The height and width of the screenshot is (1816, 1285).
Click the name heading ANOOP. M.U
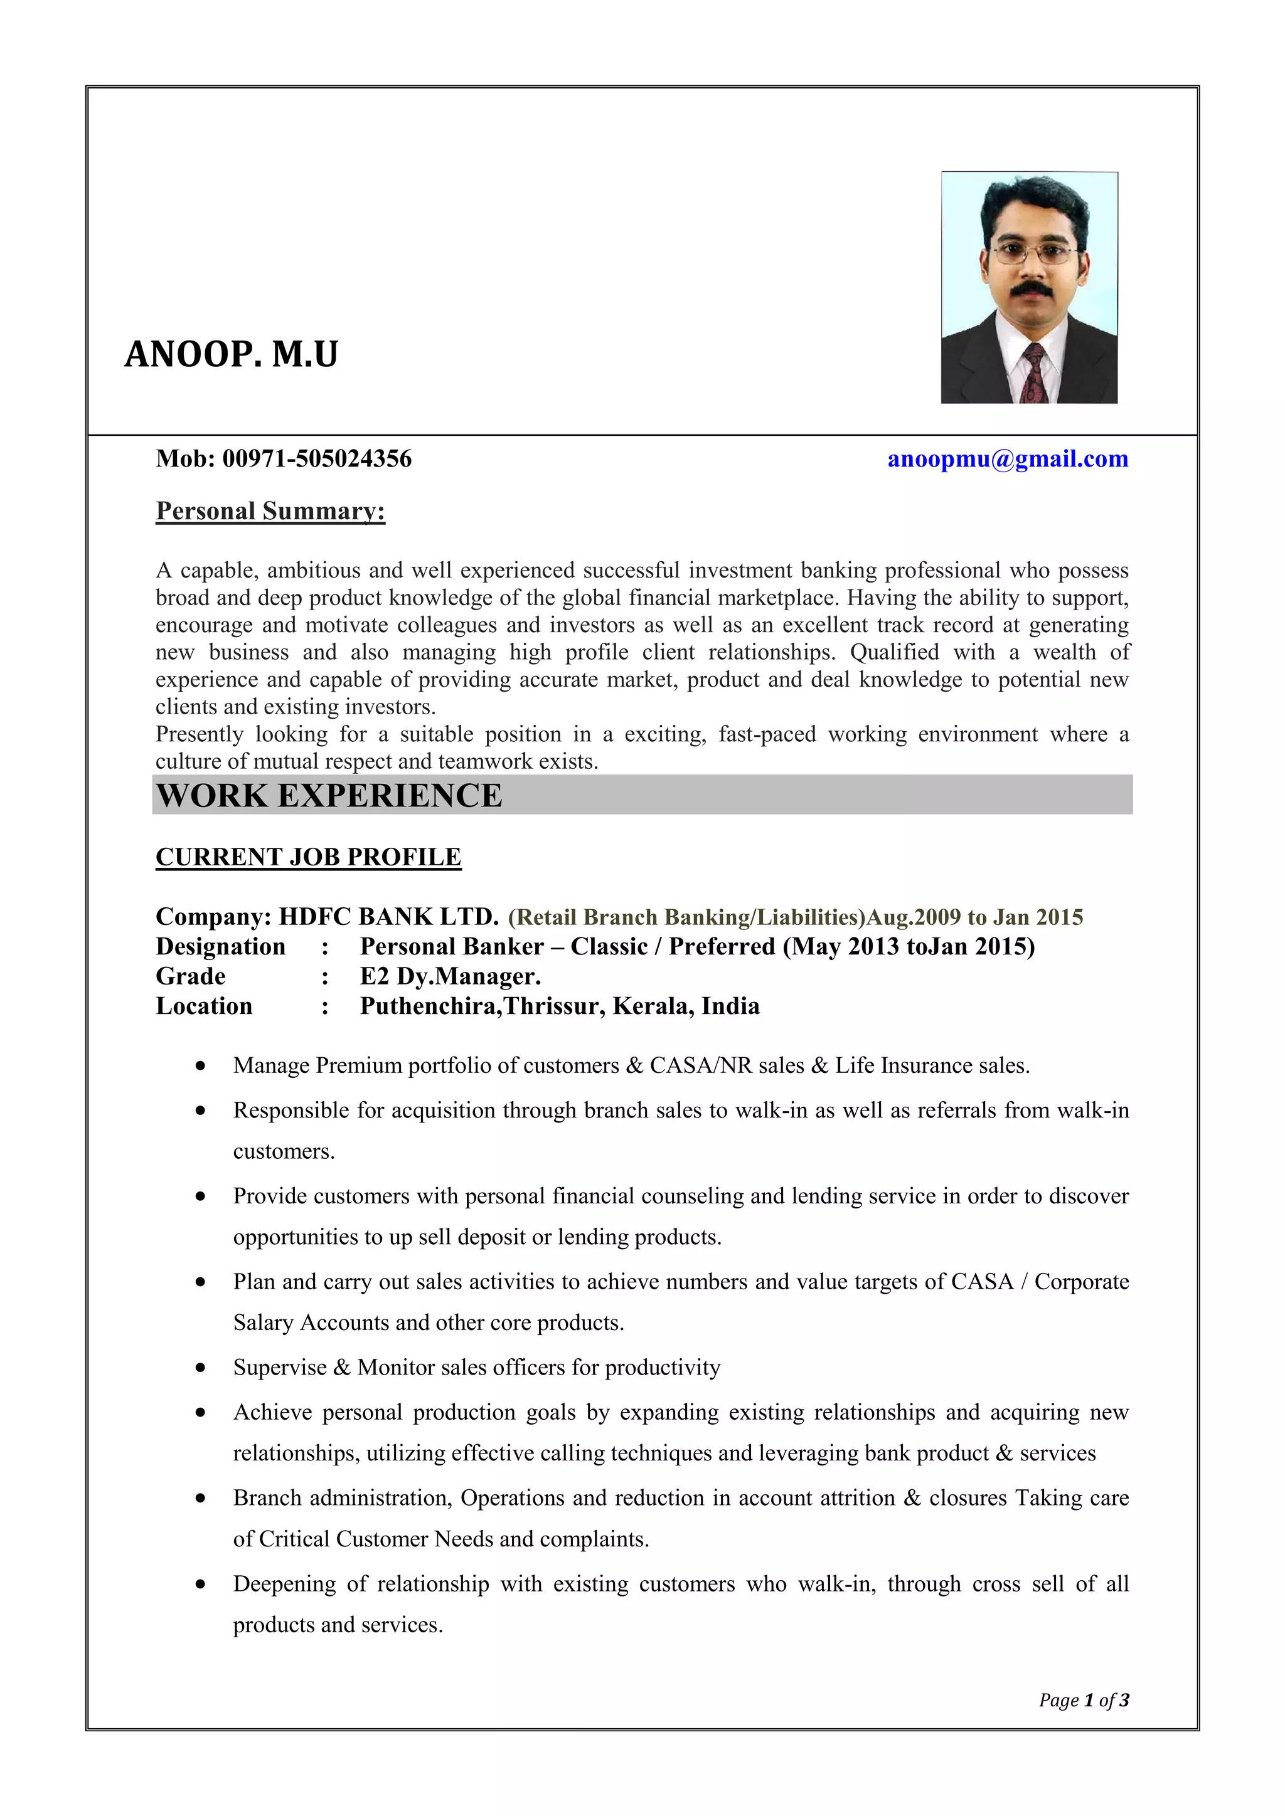tap(231, 354)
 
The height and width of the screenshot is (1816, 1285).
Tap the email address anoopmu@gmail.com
tap(1007, 459)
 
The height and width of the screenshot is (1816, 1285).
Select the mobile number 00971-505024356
tap(316, 459)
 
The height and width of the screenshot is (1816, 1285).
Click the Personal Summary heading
tap(270, 511)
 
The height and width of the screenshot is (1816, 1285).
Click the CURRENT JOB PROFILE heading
tap(308, 857)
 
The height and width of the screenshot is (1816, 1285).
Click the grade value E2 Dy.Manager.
tap(451, 977)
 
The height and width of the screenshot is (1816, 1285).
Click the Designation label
tap(220, 947)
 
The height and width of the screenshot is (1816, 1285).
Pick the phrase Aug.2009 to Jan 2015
tap(975, 917)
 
